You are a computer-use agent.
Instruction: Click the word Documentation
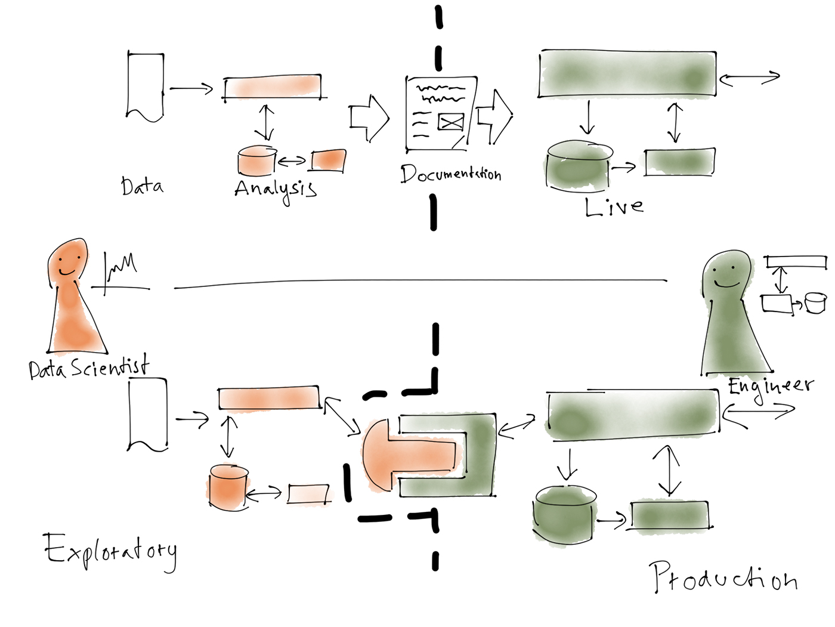click(450, 174)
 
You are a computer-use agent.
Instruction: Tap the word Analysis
click(275, 190)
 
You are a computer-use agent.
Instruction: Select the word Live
click(614, 208)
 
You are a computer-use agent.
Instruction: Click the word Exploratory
click(110, 551)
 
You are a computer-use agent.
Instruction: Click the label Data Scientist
click(88, 367)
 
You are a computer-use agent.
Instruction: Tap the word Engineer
click(770, 387)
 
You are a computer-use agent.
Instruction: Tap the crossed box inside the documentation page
click(451, 122)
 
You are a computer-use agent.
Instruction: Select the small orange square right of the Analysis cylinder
click(329, 160)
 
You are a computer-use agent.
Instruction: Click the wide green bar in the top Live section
click(626, 74)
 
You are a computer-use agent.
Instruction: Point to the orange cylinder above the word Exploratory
click(228, 487)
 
